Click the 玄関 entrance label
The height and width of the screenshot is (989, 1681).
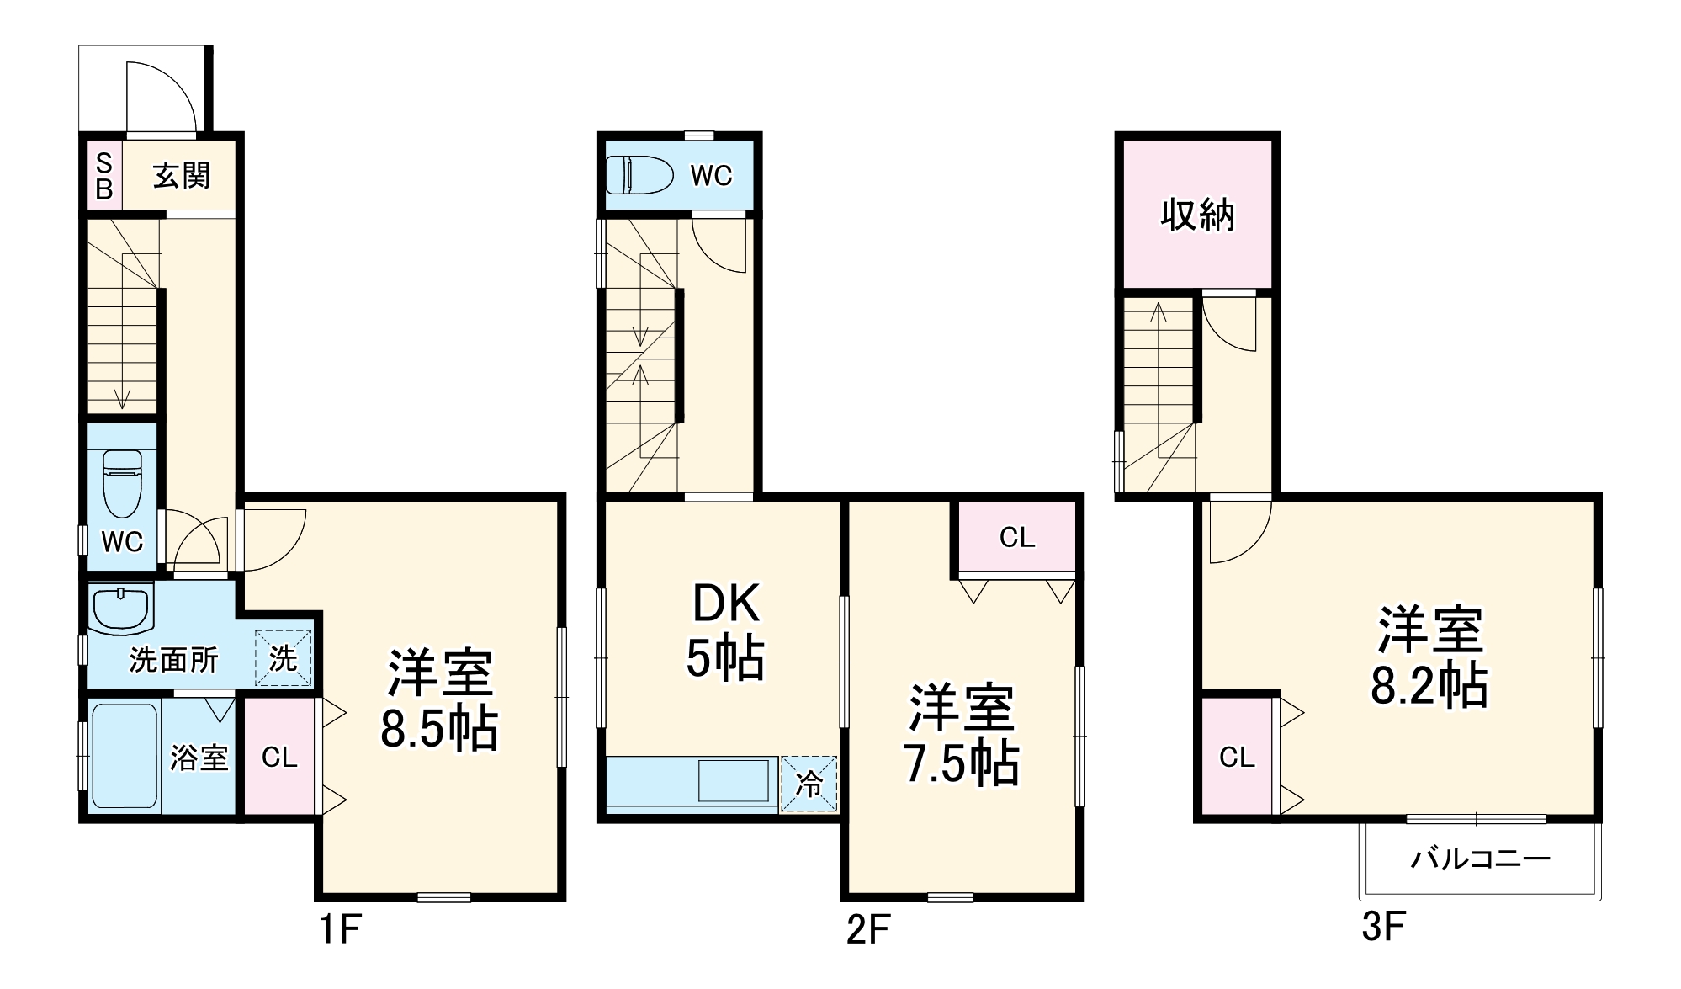tap(181, 176)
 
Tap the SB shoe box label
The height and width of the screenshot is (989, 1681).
tap(104, 176)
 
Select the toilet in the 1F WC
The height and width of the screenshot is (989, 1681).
tap(122, 483)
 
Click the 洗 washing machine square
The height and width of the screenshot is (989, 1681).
tap(284, 657)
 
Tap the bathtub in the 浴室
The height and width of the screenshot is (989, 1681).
tap(124, 755)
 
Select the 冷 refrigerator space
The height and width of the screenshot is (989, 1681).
tap(809, 784)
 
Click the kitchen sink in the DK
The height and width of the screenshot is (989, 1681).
tap(733, 780)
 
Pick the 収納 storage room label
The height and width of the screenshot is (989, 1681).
tap(1197, 215)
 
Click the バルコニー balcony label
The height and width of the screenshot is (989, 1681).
tap(1480, 859)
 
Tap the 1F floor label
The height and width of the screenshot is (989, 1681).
tap(340, 929)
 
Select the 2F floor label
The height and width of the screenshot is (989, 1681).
tap(867, 929)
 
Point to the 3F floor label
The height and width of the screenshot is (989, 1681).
tap(1383, 927)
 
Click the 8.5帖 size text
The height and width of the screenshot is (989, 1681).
tap(439, 729)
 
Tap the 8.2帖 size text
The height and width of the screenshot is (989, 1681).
tap(1429, 685)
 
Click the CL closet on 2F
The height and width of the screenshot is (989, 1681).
tap(1016, 537)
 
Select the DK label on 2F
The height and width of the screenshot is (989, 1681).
tap(725, 603)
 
